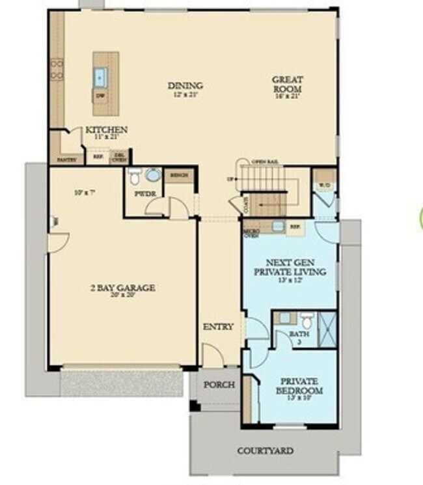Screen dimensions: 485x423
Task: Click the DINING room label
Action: coord(185,85)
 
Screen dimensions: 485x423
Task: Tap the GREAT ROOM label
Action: coord(288,84)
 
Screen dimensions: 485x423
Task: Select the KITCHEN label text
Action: coord(106,130)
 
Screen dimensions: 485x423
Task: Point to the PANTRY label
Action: coord(67,159)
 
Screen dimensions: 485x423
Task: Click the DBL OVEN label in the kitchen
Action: coord(119,157)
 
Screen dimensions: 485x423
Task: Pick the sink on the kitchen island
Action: coord(101,77)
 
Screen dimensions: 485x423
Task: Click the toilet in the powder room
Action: coord(135,176)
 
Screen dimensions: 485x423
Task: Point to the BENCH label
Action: coord(178,175)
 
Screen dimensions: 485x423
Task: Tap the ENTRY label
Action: coord(218,326)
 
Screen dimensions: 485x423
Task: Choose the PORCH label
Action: coord(219,384)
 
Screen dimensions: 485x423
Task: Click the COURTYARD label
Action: coord(265,450)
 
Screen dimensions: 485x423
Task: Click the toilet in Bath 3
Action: coord(308,320)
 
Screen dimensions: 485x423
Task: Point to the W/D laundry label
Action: coord(323,186)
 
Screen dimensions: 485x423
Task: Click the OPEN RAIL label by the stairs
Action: coord(265,161)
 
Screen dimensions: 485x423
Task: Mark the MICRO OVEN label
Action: coord(252,233)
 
